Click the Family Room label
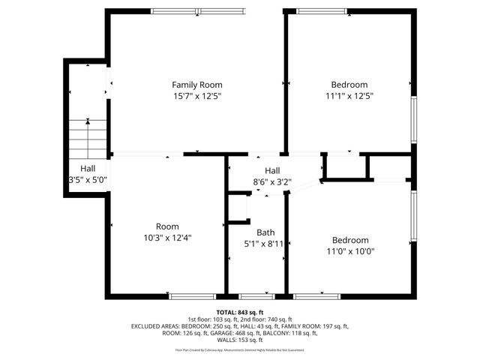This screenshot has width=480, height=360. tap(196, 85)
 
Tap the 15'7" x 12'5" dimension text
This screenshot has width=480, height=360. tap(196, 96)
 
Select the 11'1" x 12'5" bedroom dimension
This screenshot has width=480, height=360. tap(349, 96)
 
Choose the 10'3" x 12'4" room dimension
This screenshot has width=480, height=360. tap(167, 238)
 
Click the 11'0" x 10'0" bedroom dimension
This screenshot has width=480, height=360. tap(349, 251)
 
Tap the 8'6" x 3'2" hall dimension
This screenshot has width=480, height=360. tap(271, 181)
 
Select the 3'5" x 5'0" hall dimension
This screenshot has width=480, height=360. tap(88, 180)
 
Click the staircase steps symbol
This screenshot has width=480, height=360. tap(88, 136)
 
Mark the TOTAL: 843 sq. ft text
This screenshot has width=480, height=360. tap(239, 311)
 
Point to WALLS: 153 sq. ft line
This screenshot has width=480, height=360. tap(239, 341)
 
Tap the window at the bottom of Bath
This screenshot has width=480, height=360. tap(256, 296)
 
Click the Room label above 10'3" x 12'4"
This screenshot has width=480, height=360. tap(167, 226)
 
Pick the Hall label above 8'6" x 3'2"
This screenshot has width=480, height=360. tap(271, 170)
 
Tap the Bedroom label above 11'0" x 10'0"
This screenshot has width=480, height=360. tap(349, 240)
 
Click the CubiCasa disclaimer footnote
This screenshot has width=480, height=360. tap(239, 349)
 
